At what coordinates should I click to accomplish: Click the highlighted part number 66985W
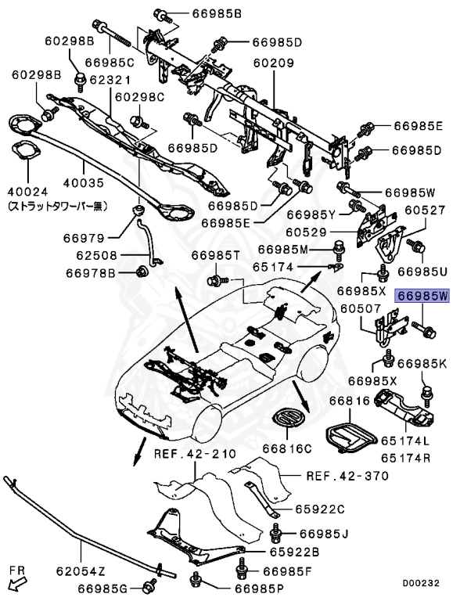click(423, 297)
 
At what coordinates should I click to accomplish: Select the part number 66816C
click(286, 448)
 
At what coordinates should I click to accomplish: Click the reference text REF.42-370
click(336, 475)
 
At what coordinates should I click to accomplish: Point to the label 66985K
click(422, 364)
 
